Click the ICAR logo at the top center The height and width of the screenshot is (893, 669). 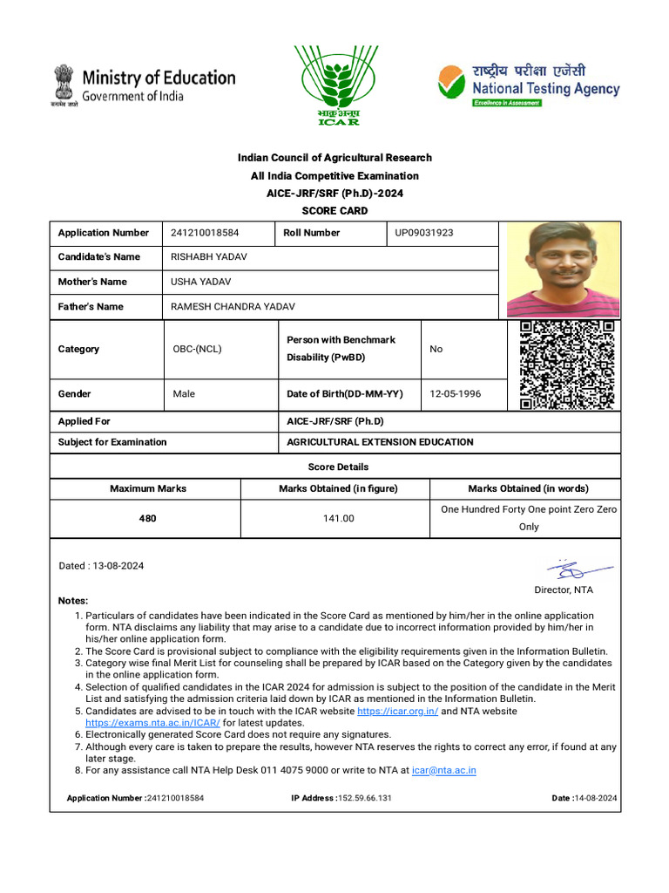click(x=335, y=85)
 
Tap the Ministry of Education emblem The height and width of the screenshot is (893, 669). click(x=64, y=84)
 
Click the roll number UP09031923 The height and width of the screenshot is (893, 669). click(x=424, y=233)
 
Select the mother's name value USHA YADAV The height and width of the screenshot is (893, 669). click(x=201, y=282)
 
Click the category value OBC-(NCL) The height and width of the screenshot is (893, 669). click(x=198, y=349)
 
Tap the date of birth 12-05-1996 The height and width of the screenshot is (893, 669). click(x=456, y=394)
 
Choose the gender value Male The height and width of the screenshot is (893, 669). click(x=184, y=394)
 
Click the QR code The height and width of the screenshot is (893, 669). click(x=567, y=365)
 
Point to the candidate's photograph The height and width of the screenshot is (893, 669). click(x=563, y=269)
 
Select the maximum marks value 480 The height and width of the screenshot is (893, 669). click(x=148, y=518)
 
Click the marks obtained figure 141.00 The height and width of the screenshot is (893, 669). click(x=338, y=518)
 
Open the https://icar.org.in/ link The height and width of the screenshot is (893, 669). click(x=406, y=712)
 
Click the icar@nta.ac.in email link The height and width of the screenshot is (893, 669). click(x=443, y=770)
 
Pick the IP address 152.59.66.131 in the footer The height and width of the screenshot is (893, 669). click(x=365, y=798)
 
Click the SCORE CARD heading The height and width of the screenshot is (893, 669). click(x=335, y=211)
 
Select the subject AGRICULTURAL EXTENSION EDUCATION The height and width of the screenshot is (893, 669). click(x=380, y=442)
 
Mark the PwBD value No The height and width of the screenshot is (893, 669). click(x=436, y=349)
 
